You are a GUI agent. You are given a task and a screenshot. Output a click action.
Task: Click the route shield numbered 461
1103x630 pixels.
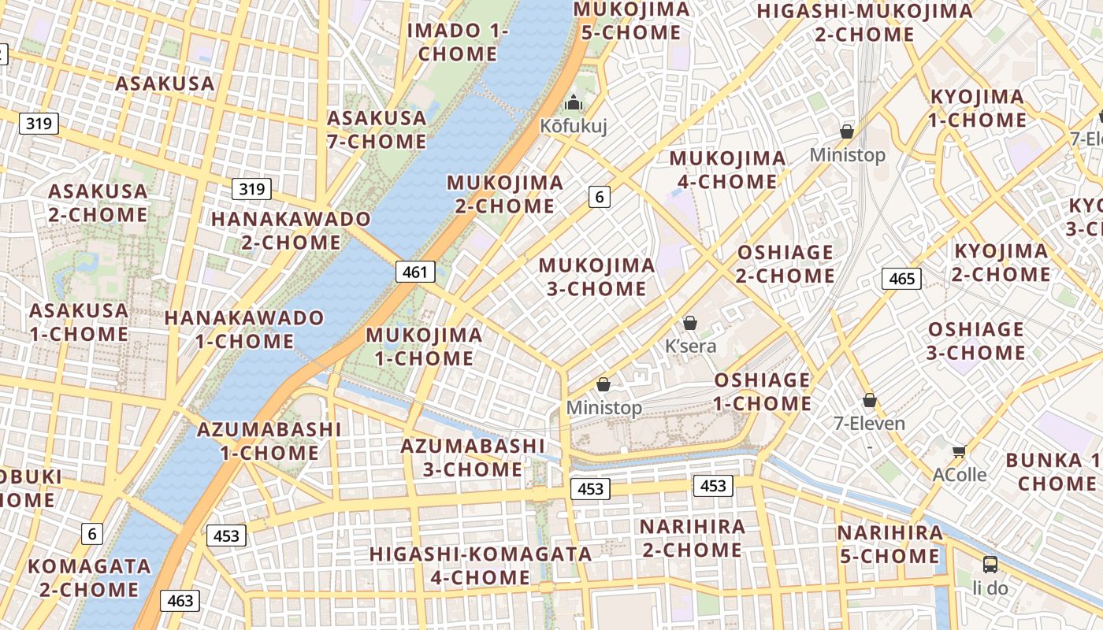[414, 272]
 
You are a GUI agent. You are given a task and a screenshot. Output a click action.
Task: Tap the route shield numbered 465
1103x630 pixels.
[901, 278]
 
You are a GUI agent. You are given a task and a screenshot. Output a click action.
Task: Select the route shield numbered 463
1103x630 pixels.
[180, 601]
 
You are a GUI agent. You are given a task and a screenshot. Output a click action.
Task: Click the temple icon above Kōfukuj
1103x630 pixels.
[574, 103]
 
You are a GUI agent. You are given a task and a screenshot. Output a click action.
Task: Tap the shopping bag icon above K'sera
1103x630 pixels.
[690, 323]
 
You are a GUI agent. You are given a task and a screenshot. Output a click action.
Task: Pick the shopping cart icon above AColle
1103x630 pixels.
[959, 451]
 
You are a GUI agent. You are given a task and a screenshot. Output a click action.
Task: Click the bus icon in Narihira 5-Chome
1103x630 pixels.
[990, 564]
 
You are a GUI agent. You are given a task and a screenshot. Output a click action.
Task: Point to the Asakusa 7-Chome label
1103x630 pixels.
[377, 130]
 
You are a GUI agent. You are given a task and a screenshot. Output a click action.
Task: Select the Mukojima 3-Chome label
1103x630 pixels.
[596, 276]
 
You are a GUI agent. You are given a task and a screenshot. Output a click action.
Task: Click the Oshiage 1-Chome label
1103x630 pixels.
[762, 391]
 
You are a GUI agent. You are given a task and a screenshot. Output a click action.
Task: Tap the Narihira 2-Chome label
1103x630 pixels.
[692, 538]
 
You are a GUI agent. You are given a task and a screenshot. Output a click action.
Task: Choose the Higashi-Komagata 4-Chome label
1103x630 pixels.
[481, 565]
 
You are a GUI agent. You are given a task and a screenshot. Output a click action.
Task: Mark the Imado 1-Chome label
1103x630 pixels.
[458, 43]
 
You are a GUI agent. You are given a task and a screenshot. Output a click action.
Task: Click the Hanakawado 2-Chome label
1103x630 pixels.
[291, 230]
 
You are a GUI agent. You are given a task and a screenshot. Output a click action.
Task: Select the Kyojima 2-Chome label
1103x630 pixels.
[1001, 262]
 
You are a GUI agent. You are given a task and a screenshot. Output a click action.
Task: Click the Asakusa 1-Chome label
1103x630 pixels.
[79, 321]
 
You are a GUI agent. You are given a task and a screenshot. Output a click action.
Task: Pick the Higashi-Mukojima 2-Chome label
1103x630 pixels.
[864, 23]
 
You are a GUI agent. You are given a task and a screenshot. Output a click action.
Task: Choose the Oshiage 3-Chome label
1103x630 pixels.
[975, 340]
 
